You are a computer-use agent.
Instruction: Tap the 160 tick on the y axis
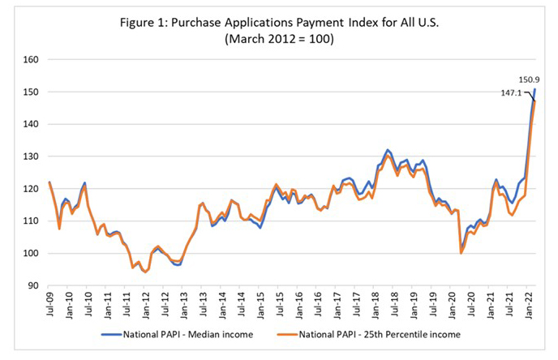32,59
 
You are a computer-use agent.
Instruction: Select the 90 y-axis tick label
34,285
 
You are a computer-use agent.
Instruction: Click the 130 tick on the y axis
32,156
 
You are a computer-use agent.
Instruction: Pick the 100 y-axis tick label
32,253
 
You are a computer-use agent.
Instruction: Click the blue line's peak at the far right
534,89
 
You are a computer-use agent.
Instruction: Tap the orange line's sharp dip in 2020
461,253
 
